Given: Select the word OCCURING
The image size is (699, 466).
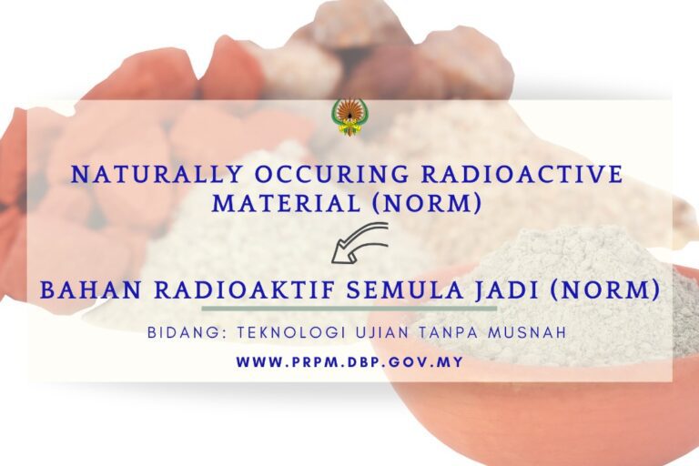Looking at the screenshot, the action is click(x=331, y=175).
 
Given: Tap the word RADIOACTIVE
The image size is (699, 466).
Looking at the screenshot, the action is click(x=522, y=175).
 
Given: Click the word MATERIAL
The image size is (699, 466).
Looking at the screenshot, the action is click(x=286, y=203).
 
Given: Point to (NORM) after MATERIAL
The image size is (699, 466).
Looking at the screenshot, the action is click(x=428, y=204).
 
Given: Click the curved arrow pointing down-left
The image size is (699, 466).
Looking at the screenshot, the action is click(x=360, y=243).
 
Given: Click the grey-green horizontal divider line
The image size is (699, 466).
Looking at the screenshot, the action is click(x=349, y=309).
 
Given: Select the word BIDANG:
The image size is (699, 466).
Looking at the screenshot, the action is click(x=187, y=333).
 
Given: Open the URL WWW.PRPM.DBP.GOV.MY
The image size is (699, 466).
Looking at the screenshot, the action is click(x=349, y=361).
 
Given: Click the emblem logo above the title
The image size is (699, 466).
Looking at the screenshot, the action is click(x=349, y=117).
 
